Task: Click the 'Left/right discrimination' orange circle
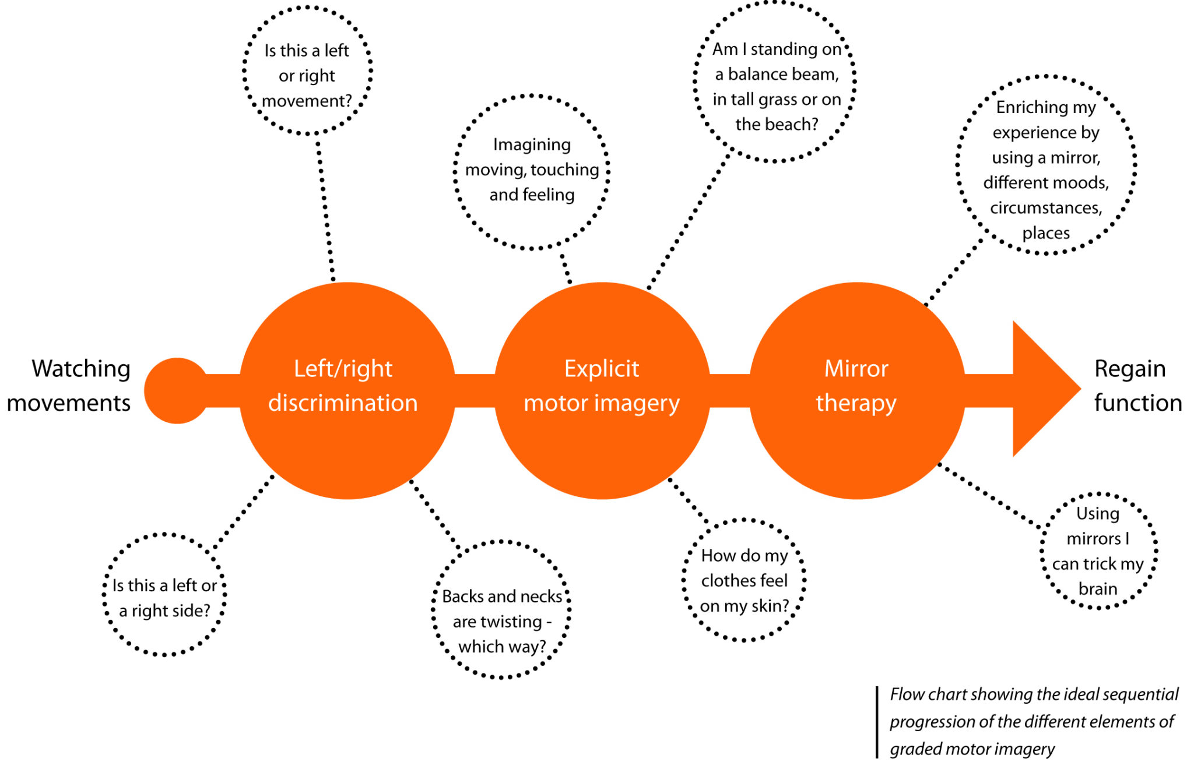(x=347, y=390)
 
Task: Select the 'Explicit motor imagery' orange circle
(x=602, y=390)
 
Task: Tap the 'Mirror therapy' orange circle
(x=857, y=390)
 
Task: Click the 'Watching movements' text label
(x=70, y=386)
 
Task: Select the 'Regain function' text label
(x=1137, y=386)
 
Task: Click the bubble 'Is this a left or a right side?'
(x=164, y=594)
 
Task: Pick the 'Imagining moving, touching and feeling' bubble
(x=532, y=171)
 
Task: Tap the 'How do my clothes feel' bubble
(x=744, y=580)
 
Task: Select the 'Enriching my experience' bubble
(x=1046, y=165)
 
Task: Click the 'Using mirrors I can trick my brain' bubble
(x=1098, y=551)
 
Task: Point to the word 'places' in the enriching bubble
(x=1046, y=233)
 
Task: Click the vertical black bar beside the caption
(x=877, y=722)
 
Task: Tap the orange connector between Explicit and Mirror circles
(x=729, y=390)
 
